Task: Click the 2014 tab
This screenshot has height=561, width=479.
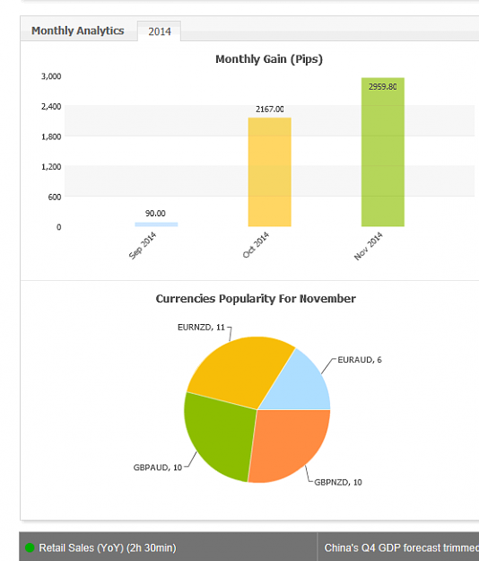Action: [x=159, y=31]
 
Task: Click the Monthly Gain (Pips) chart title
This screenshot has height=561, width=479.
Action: [x=269, y=59]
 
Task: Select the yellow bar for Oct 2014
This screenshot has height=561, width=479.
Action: [x=269, y=172]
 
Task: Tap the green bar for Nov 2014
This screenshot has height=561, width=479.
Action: [x=383, y=152]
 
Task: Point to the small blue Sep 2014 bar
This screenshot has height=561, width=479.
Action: [x=156, y=224]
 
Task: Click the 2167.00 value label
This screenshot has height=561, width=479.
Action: [x=269, y=110]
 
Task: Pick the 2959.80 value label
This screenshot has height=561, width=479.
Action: [x=383, y=87]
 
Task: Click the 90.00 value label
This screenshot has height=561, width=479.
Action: [x=155, y=214]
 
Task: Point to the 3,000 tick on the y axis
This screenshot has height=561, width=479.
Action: [x=51, y=76]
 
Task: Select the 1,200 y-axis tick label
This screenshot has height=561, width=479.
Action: [x=51, y=167]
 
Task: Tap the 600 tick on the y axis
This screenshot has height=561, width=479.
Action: [x=55, y=197]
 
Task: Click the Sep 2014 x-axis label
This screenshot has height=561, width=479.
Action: [x=143, y=245]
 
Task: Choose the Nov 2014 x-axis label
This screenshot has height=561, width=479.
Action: [x=369, y=246]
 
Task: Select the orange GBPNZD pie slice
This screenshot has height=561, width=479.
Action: [x=288, y=443]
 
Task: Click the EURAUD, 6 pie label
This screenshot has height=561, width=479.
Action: [x=360, y=360]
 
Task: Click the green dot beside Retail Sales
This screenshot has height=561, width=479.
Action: [x=30, y=548]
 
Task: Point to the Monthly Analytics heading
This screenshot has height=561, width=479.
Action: [x=77, y=31]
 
